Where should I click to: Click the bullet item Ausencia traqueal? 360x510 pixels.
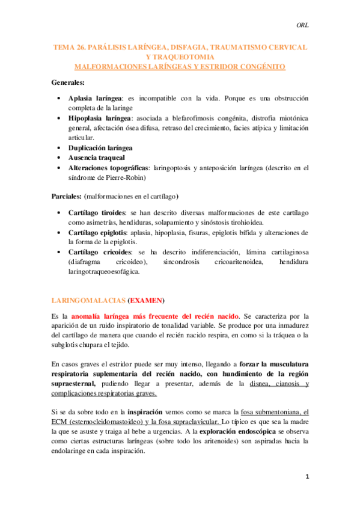click(96, 158)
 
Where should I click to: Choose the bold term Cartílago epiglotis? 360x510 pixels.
click(99, 233)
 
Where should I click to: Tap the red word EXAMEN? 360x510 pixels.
click(146, 300)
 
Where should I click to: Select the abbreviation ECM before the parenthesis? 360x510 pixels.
click(60, 422)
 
